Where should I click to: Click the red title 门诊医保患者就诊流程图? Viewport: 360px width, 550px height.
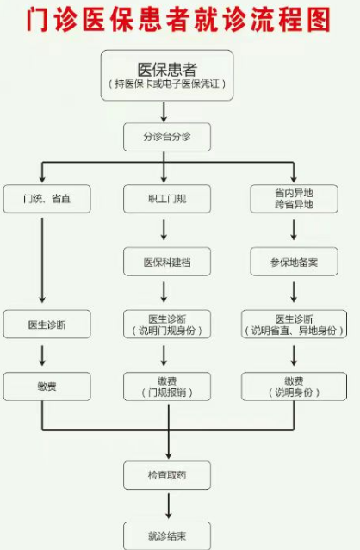pos(179,19)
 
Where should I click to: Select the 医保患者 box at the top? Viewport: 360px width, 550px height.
pos(167,75)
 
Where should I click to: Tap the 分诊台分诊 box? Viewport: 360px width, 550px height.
pos(167,137)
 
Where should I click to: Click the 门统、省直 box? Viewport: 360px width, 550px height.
pos(47,199)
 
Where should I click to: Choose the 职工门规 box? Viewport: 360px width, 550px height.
pos(167,199)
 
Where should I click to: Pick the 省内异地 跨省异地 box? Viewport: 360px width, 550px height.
pos(294,199)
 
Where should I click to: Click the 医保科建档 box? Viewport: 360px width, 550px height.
pos(167,262)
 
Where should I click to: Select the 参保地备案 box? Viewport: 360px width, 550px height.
pos(294,262)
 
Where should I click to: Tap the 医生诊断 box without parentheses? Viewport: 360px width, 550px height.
pos(47,324)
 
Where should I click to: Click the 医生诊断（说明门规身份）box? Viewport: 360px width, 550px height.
pos(167,324)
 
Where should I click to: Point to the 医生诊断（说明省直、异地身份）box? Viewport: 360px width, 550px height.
pos(294,324)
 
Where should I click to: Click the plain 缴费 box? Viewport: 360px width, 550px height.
pos(47,386)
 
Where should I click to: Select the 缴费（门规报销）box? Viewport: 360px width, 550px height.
pos(167,386)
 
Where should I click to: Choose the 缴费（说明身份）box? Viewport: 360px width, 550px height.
pos(294,386)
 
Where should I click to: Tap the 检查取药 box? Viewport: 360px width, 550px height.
pos(167,475)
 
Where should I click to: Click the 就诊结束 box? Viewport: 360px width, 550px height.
pos(167,535)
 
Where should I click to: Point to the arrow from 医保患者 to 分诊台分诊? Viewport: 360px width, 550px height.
pos(164,112)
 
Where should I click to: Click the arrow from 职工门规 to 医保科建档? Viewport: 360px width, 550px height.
pos(164,230)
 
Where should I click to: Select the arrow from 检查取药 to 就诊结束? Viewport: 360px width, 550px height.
pos(169,506)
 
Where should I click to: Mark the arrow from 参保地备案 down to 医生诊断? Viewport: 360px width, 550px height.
pos(294,292)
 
